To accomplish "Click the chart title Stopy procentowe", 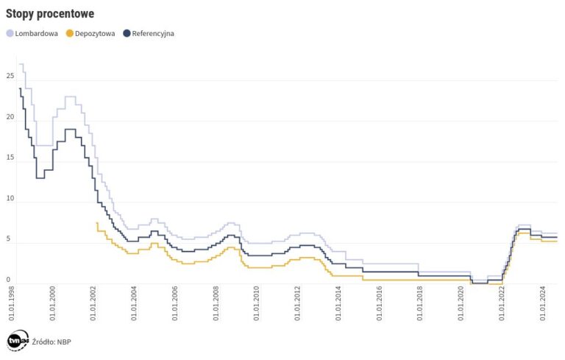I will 49,14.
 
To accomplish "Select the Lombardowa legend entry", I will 36,33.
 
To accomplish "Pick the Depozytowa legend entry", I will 95,33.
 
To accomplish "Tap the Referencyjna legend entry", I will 152,33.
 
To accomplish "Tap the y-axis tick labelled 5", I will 8,239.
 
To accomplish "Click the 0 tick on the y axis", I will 8,280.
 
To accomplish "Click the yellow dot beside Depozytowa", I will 69,33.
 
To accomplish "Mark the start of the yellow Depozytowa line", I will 97,222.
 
